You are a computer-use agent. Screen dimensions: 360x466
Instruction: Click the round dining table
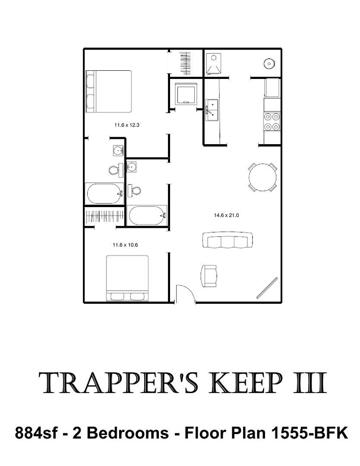tap(262, 177)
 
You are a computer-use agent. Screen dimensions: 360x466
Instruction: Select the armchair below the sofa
tap(209, 276)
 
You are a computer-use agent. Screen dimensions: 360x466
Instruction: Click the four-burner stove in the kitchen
tap(272, 122)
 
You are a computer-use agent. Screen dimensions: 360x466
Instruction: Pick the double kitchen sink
tap(212, 110)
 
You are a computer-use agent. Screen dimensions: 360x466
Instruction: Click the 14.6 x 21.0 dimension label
tap(226, 215)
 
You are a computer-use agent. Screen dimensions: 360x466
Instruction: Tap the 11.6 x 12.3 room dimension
tap(126, 125)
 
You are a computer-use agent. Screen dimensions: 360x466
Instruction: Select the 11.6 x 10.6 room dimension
tap(125, 245)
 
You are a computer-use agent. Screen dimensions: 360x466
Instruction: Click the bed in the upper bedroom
tap(108, 91)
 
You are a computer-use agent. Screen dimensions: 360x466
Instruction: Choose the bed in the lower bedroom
tap(127, 278)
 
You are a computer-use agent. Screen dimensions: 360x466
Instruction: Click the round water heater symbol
tap(269, 63)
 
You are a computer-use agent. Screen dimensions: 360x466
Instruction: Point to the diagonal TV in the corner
tap(267, 288)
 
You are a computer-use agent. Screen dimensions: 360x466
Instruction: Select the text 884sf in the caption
tap(36, 433)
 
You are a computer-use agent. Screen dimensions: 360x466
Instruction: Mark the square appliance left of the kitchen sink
tap(186, 93)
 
